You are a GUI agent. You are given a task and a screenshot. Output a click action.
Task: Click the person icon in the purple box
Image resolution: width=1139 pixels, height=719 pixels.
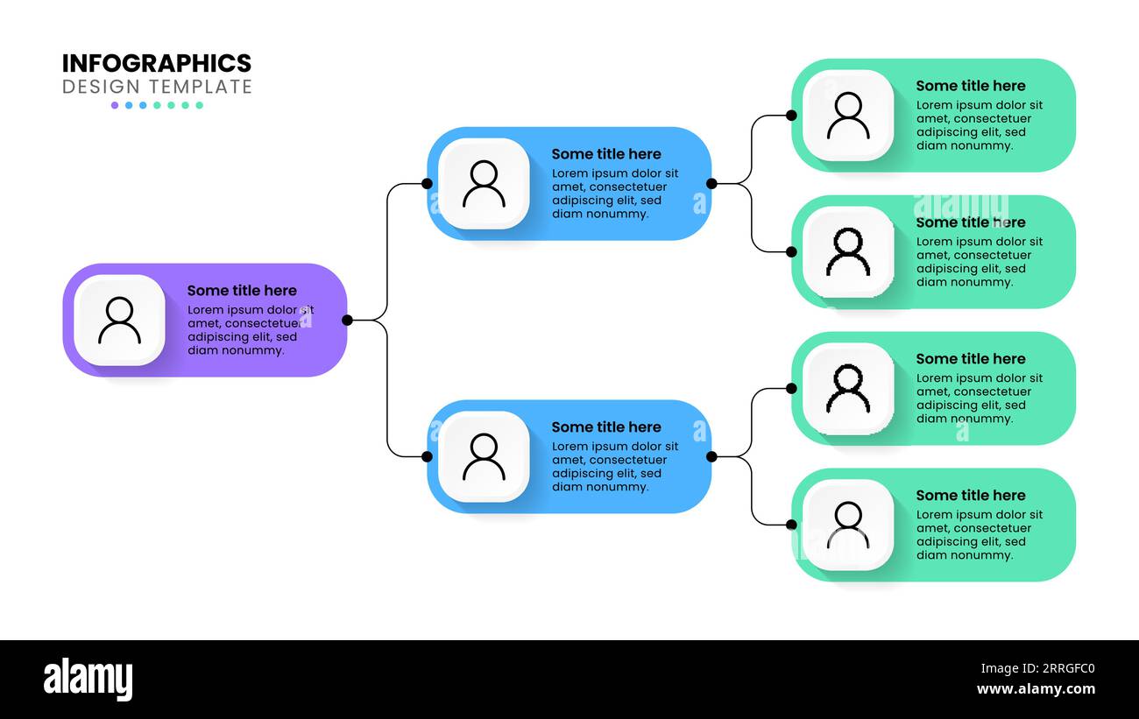click(x=119, y=320)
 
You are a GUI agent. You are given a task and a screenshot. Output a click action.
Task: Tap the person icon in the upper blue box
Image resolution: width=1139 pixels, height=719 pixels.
click(x=484, y=183)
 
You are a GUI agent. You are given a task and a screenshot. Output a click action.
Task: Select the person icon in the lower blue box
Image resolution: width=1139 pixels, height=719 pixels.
click(x=484, y=456)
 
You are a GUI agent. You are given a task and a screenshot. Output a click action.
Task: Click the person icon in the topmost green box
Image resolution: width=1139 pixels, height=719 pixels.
click(x=848, y=115)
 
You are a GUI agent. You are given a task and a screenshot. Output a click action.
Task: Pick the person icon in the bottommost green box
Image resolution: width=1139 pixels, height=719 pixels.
click(x=848, y=525)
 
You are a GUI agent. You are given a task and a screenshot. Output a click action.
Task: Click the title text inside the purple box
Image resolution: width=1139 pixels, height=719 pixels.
click(x=242, y=291)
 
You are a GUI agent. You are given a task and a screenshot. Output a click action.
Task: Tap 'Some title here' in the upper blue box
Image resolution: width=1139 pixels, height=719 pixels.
click(x=606, y=154)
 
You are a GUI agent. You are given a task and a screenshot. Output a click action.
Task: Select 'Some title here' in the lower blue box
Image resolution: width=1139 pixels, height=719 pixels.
click(x=606, y=427)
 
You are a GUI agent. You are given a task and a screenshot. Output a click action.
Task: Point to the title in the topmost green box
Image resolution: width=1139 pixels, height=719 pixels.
click(x=971, y=86)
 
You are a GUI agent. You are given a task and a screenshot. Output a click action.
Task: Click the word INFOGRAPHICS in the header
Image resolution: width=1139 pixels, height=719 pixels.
click(x=157, y=63)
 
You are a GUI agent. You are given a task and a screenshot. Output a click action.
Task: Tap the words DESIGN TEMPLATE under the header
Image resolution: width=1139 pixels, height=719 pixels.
click(x=157, y=87)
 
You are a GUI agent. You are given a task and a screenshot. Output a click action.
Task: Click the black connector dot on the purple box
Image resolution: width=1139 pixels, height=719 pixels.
click(x=347, y=320)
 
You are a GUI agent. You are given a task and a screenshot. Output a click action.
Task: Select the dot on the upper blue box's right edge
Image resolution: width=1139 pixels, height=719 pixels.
click(x=711, y=183)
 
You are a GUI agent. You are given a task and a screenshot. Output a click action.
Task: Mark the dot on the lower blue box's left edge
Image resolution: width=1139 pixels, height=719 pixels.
click(x=427, y=456)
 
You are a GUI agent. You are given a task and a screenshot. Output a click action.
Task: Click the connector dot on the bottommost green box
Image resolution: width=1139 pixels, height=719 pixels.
click(x=791, y=525)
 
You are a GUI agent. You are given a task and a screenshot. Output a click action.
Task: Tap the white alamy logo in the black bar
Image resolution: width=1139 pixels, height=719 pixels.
click(x=88, y=680)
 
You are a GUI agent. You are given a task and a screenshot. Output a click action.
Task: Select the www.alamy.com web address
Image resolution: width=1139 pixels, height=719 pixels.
click(x=1035, y=690)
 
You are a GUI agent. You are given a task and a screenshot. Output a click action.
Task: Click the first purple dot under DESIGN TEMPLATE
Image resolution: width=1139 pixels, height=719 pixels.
click(x=115, y=105)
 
